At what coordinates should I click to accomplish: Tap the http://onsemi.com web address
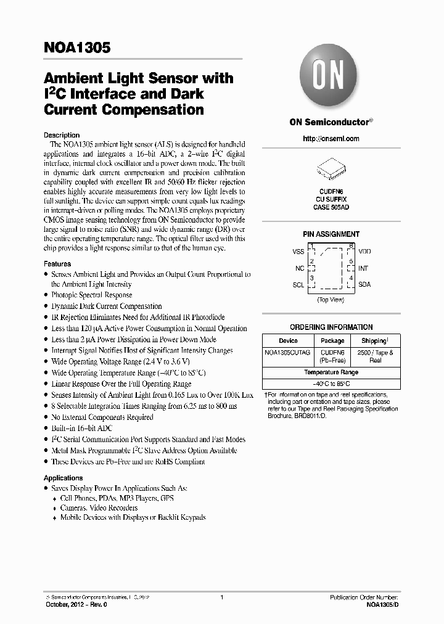point(331,139)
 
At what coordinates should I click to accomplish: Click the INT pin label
point(363,268)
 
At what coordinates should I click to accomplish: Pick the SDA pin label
point(364,285)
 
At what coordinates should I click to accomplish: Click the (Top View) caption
point(331,300)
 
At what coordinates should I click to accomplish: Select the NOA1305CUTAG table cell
point(288,353)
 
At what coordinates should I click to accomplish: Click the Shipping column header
point(375,340)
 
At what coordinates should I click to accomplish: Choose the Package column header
point(332,340)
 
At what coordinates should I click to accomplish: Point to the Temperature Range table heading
point(331,372)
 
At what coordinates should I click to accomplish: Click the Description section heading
point(62,135)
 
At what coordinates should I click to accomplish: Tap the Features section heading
point(57,264)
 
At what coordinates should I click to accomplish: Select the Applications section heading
point(63,478)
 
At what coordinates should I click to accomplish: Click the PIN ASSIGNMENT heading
point(331,234)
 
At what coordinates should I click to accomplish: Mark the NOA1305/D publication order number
point(382,606)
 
